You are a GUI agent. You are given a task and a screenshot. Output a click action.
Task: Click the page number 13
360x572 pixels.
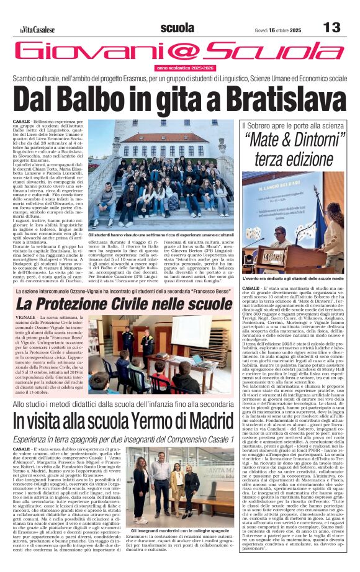click(332, 27)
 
